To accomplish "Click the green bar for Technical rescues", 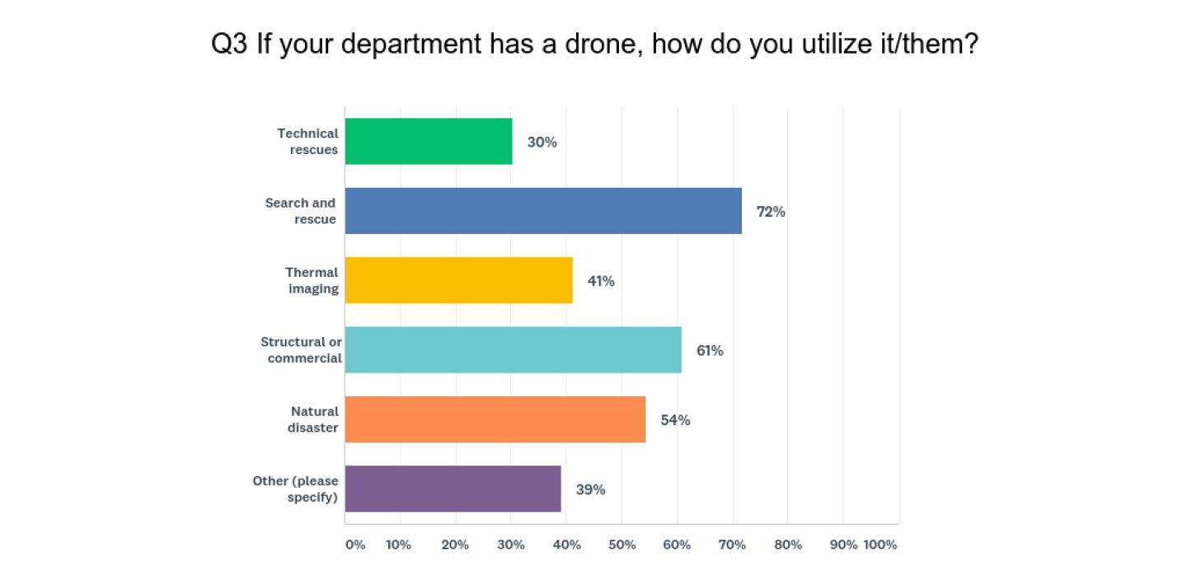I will point(429,142).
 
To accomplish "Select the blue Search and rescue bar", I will point(543,211).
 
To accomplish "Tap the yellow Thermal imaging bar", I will point(458,280).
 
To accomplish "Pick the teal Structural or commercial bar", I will point(513,350).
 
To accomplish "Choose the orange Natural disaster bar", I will point(495,419).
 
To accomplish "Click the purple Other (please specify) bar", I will point(453,489).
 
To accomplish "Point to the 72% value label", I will point(771,212).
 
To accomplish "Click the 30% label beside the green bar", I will point(542,142).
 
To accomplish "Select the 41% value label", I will point(601,281).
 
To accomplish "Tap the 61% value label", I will point(710,351).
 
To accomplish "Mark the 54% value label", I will point(675,420).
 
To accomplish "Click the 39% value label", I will point(590,489).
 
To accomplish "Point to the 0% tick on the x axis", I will point(354,545).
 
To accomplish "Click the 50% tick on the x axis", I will point(622,545).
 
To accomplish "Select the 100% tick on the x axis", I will point(880,545).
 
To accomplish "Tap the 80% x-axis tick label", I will point(788,545).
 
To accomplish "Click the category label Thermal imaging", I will point(312,280).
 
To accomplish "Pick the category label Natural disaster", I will point(313,419).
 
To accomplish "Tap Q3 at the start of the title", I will point(230,44).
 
